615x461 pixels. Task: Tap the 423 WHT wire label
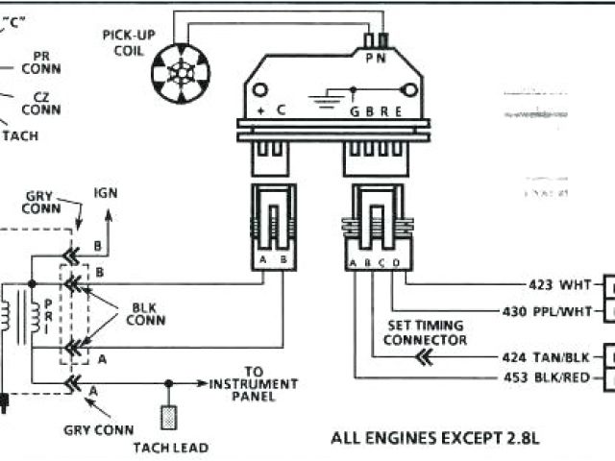(x=560, y=285)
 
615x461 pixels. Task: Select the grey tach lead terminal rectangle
(x=168, y=418)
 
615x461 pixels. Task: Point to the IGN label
(x=106, y=191)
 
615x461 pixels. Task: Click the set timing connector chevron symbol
(x=424, y=357)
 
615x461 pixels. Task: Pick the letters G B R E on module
(x=373, y=111)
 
